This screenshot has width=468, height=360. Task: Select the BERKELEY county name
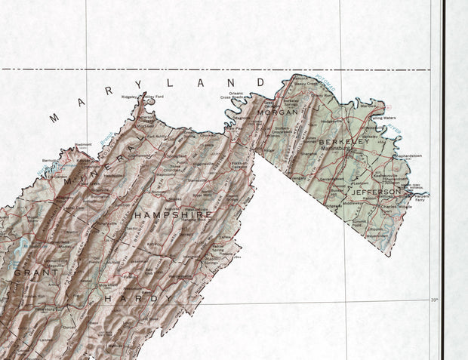[x=344, y=141]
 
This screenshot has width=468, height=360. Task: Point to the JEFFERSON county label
[x=375, y=192]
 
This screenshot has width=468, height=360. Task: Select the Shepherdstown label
[x=405, y=155]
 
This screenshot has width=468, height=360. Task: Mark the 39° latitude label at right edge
[x=433, y=300]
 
